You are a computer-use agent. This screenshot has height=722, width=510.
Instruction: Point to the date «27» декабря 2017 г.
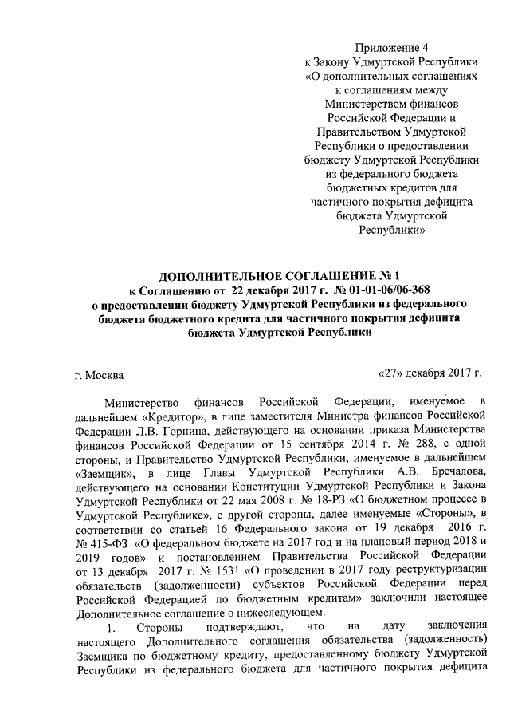point(430,372)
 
